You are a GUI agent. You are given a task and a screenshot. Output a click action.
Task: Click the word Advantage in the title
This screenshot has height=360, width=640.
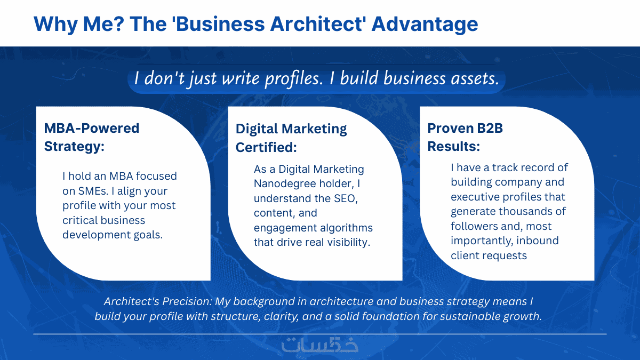[x=425, y=25]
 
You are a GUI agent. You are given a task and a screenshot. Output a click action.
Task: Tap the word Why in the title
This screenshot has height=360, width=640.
[x=55, y=25]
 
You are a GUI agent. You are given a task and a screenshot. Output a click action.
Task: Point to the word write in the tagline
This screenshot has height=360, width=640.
[x=241, y=78]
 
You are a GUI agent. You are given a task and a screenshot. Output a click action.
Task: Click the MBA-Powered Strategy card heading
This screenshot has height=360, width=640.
[x=91, y=137]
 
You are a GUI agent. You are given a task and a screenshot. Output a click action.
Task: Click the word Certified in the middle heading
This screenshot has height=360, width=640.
[x=266, y=147]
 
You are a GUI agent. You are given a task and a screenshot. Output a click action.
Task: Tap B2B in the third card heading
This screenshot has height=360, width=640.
[x=490, y=128]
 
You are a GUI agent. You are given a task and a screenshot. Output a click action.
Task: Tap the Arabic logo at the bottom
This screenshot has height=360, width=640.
[x=320, y=345]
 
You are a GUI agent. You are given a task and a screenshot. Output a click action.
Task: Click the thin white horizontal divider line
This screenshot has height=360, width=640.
[x=320, y=334]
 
